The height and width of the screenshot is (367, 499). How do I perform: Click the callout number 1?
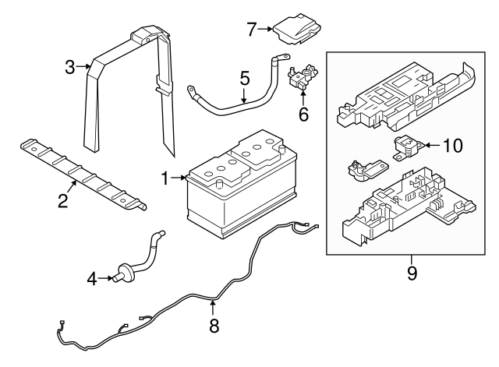tap(165, 179)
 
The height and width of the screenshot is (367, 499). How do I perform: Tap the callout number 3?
tap(69, 67)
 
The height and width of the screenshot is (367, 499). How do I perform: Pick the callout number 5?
tap(244, 78)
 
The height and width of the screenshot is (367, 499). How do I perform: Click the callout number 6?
tap(303, 115)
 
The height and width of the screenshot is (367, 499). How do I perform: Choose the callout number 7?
tap(251, 30)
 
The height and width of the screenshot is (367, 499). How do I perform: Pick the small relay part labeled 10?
tap(405, 146)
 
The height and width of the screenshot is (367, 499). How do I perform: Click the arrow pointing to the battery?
tap(179, 179)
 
